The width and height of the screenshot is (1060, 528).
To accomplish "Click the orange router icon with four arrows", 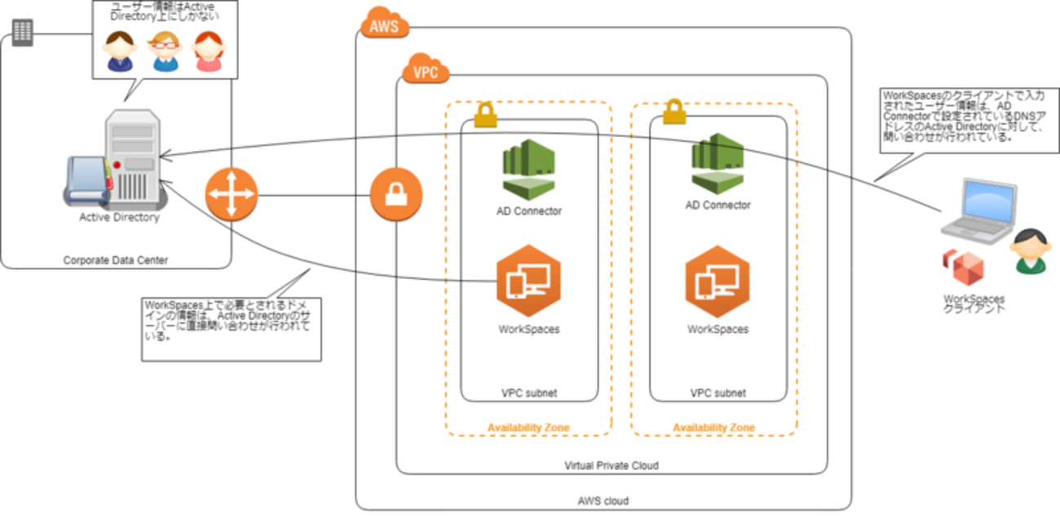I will [232, 194].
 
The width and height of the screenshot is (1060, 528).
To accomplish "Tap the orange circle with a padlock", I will [396, 195].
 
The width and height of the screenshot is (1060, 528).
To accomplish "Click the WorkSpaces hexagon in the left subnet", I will [528, 281].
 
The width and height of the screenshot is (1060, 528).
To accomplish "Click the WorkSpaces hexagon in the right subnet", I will [718, 281].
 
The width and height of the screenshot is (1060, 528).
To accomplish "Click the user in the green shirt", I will [1030, 251].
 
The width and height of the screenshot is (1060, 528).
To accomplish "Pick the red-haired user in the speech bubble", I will [208, 51].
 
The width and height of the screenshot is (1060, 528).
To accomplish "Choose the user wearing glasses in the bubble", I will [164, 51].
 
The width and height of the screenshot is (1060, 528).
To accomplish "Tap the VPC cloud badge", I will [426, 71].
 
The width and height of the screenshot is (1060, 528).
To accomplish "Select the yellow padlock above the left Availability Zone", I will [485, 114].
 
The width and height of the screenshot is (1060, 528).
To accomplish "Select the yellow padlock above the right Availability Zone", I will [674, 112].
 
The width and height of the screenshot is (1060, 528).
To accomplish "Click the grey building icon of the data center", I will [23, 33].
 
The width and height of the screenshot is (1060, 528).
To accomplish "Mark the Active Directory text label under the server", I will [119, 218].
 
